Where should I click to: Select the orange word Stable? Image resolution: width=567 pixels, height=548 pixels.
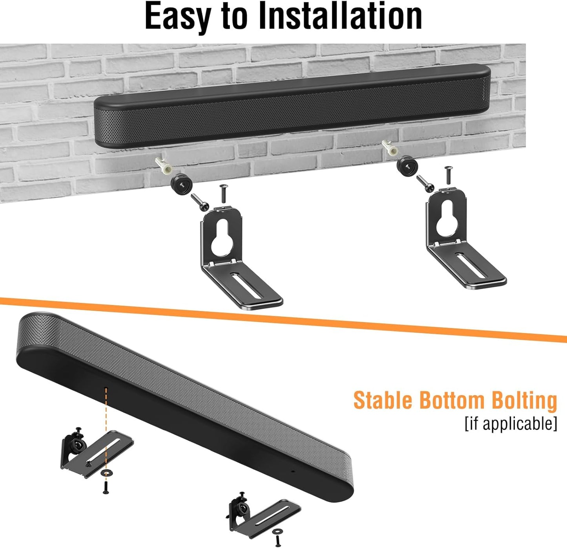tap(383, 400)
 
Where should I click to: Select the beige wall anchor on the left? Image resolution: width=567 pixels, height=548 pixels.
tap(164, 166)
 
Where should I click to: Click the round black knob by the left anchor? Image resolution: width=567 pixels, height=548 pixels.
tap(180, 185)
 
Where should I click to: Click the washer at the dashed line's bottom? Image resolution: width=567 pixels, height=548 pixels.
tap(106, 473)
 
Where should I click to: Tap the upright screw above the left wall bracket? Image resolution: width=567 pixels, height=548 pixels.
tap(224, 193)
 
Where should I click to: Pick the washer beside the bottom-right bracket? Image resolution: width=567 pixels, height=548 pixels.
tap(277, 532)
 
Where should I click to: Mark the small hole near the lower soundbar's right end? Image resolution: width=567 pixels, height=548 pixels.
tap(292, 471)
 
